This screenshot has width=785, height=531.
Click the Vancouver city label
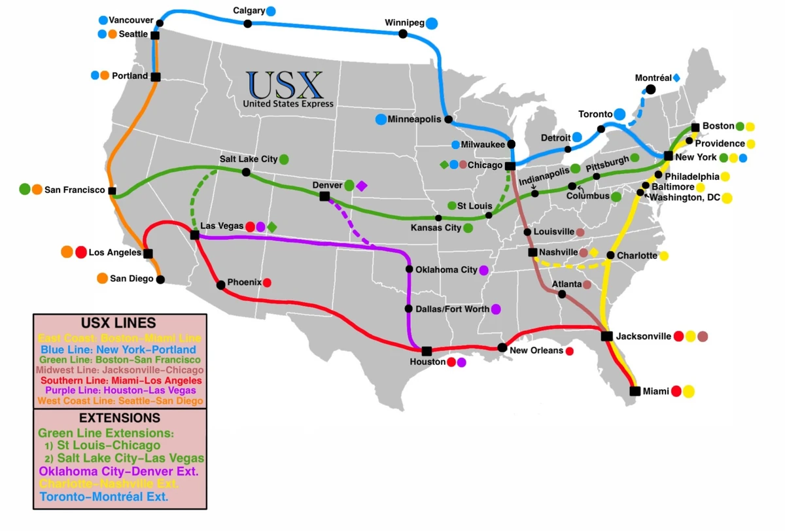pos(131,20)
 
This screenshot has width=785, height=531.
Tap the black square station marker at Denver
pos(324,196)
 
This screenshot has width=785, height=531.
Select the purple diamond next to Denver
pos(362,186)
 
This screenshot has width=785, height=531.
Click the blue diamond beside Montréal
pos(676,78)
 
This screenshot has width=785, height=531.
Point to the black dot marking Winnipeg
pos(403,33)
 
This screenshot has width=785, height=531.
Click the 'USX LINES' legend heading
pos(118,323)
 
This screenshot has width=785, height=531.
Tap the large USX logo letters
pos(285,85)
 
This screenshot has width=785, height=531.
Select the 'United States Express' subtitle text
pos(288,104)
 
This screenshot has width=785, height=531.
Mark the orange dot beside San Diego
pos(102,279)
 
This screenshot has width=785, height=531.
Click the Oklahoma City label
pos(446,269)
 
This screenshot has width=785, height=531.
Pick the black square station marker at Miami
pos(635,391)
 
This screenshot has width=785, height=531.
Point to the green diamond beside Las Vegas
pos(271,226)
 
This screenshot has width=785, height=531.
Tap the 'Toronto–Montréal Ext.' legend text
pos(103,497)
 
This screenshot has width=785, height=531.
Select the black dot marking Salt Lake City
pos(246,172)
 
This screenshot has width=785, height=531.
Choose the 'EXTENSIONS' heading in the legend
pos(119,417)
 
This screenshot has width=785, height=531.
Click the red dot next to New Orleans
pos(569,351)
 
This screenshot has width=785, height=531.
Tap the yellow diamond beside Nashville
pos(593,252)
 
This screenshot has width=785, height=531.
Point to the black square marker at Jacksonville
pos(607,336)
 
